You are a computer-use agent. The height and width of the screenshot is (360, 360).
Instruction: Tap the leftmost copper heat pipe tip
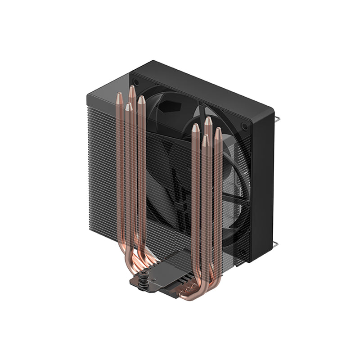119,96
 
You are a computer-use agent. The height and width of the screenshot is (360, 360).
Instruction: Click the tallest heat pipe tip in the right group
207,121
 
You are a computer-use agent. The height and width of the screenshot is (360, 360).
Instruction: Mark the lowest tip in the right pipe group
205,139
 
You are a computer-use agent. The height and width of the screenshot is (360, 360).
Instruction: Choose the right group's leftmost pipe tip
195,128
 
